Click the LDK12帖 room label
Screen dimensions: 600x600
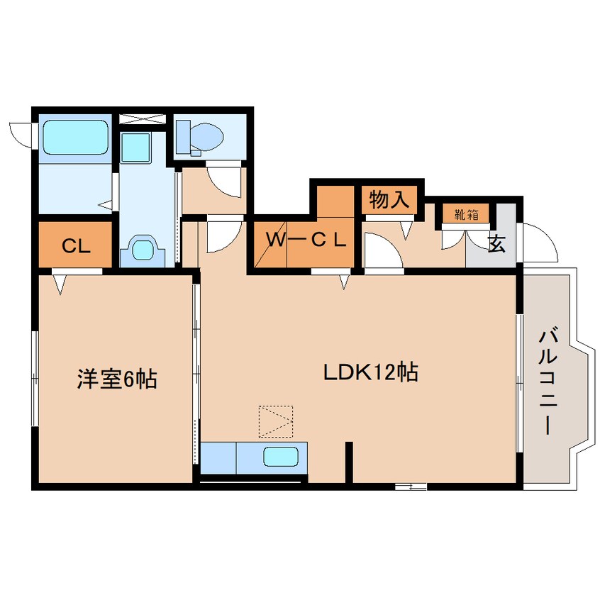pyautogui.click(x=370, y=372)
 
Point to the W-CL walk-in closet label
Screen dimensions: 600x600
pyautogui.click(x=306, y=240)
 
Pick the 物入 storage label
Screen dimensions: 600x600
pyautogui.click(x=389, y=201)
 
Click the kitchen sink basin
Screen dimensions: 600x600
pyautogui.click(x=280, y=457)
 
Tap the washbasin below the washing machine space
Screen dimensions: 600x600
pyautogui.click(x=143, y=250)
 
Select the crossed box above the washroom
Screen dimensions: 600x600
pyautogui.click(x=143, y=119)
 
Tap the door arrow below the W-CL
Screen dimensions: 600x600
pyautogui.click(x=345, y=282)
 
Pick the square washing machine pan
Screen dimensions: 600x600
pyautogui.click(x=133, y=148)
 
